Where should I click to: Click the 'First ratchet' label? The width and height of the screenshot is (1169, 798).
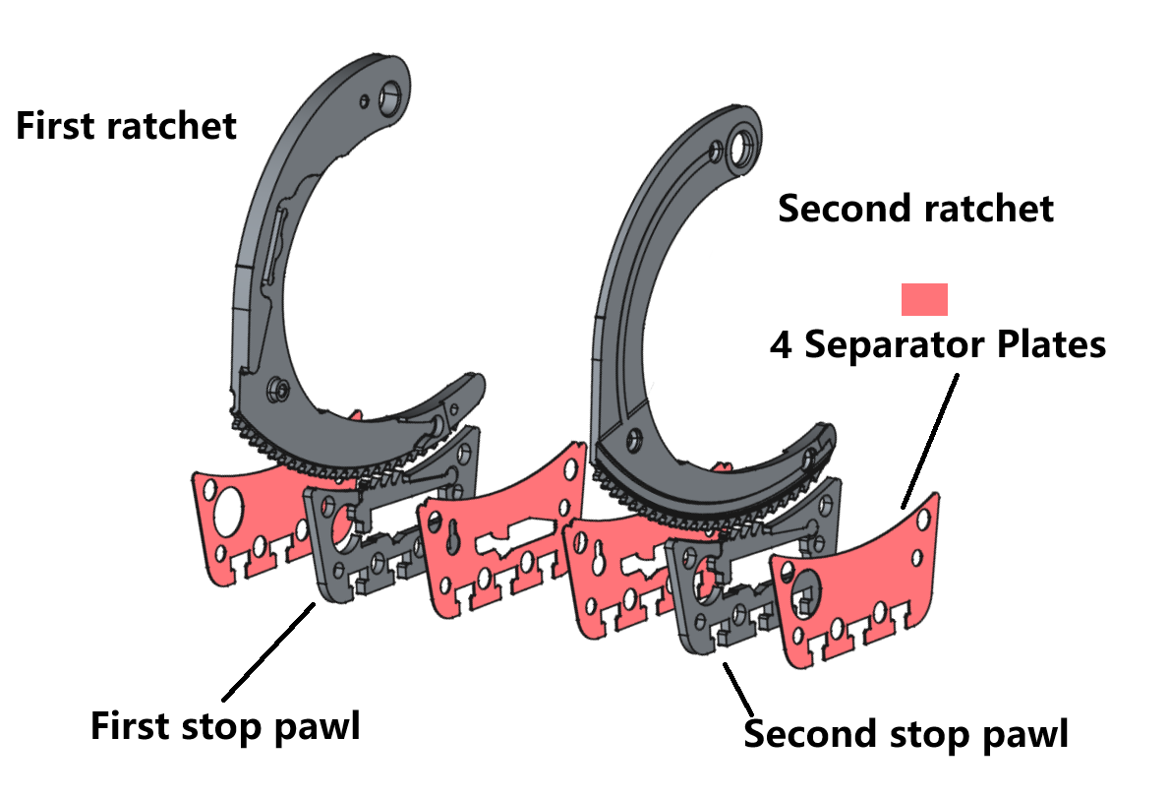point(126,127)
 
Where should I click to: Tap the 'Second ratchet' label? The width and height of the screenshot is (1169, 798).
point(915,209)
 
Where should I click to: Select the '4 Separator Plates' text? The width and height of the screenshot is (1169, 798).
point(938,344)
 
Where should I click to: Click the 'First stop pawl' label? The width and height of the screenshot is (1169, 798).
point(225,727)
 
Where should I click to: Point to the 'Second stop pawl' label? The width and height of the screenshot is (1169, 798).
point(906,734)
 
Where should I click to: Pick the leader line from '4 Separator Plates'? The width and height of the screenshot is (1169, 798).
point(929,438)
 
